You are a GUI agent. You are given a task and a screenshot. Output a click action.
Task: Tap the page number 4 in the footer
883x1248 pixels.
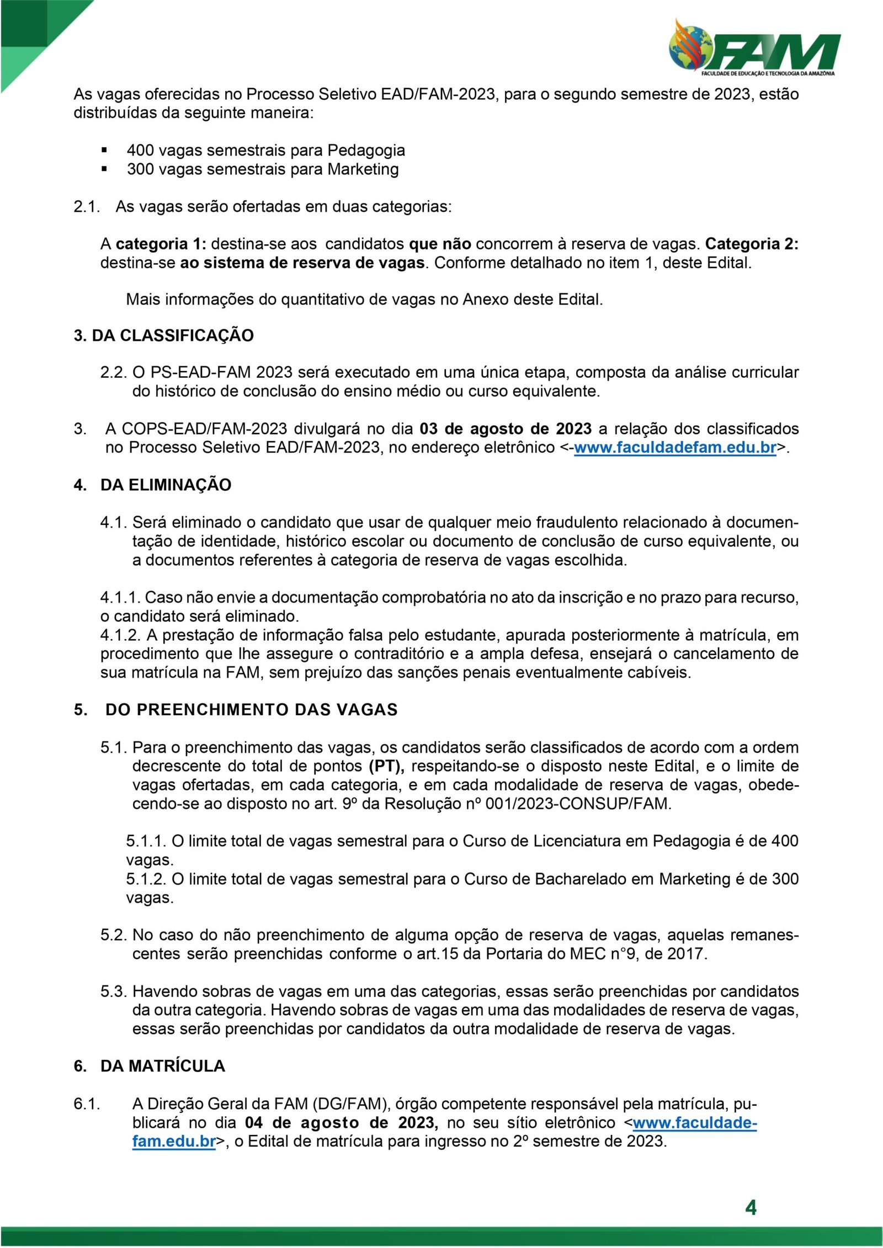(x=751, y=1208)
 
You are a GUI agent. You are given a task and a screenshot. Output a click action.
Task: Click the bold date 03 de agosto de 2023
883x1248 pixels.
(x=505, y=429)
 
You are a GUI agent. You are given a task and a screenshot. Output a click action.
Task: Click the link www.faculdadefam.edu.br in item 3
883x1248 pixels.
(x=675, y=448)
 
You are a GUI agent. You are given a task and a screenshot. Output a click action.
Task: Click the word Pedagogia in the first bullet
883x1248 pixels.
(x=366, y=150)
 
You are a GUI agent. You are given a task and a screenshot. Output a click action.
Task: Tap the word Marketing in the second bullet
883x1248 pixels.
(x=363, y=169)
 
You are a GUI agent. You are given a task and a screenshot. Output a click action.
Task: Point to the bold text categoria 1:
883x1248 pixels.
(x=161, y=244)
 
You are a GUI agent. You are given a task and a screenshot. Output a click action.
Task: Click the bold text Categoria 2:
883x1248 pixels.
(x=752, y=244)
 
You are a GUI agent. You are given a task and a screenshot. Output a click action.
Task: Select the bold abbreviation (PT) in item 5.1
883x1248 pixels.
(x=387, y=766)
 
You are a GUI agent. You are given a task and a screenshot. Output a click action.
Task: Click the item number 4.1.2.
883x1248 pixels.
(x=120, y=635)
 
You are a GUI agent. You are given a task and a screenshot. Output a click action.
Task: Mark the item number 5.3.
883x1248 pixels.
(x=114, y=992)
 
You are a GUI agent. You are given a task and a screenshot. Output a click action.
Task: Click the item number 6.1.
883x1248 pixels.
(x=87, y=1104)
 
